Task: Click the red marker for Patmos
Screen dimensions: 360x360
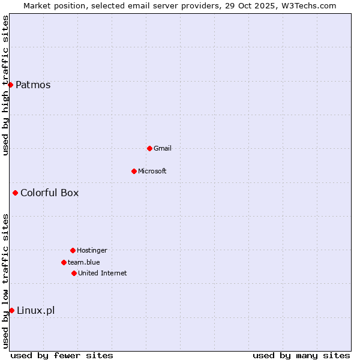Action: [10, 85]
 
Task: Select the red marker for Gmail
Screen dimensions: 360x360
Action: [149, 148]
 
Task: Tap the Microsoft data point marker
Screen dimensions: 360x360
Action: [134, 171]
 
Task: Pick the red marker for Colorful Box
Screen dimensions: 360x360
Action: [15, 193]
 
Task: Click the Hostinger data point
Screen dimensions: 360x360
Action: [73, 250]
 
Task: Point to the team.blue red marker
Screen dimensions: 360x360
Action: [64, 262]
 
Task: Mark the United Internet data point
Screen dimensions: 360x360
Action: [74, 273]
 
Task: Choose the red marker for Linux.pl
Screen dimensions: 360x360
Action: [11, 310]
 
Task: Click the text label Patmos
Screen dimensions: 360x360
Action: [33, 85]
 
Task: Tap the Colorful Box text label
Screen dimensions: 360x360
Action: [49, 193]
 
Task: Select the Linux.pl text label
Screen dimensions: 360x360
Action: [35, 310]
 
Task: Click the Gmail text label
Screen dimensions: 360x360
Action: [163, 148]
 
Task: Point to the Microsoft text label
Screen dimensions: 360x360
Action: [152, 171]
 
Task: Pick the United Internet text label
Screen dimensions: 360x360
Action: [103, 273]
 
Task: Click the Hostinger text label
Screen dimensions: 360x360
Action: [92, 250]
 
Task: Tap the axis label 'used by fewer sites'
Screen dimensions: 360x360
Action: [62, 355]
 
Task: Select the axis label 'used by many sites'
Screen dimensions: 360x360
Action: [301, 355]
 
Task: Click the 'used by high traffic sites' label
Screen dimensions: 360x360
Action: [6, 85]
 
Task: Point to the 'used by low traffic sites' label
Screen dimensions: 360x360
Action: [6, 281]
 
